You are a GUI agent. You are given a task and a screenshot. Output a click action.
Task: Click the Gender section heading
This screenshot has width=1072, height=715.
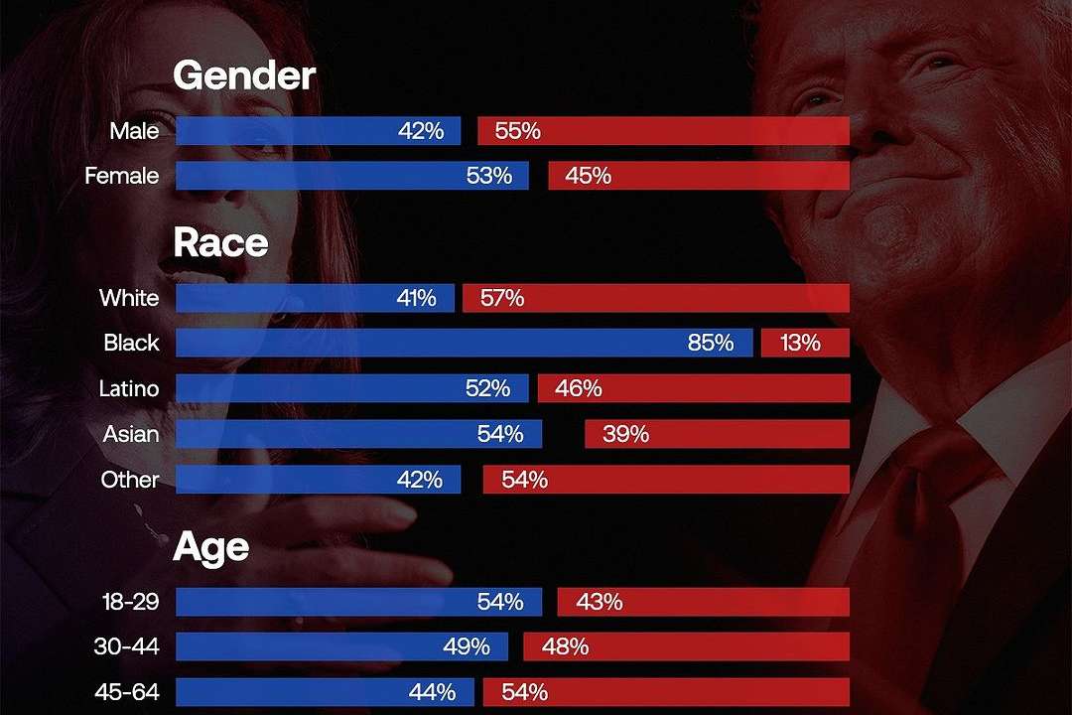[244, 75]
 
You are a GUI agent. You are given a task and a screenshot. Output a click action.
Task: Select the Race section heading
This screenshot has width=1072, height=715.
[220, 242]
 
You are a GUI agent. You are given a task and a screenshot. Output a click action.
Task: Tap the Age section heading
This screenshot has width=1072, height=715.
[210, 547]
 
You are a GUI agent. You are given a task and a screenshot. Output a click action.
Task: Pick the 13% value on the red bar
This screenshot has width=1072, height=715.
[800, 343]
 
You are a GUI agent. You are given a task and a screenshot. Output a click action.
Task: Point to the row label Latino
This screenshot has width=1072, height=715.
[129, 388]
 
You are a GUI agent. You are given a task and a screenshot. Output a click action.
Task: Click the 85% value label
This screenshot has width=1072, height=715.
[711, 343]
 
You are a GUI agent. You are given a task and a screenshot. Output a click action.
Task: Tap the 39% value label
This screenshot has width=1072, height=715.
[625, 434]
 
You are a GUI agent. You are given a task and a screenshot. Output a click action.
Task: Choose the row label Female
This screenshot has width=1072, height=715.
[121, 176]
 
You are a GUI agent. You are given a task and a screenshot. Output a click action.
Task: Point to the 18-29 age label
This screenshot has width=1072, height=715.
[130, 601]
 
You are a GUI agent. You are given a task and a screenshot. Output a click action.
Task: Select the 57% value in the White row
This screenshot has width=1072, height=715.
[501, 298]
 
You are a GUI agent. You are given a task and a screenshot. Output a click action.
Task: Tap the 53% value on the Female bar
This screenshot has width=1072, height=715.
[489, 176]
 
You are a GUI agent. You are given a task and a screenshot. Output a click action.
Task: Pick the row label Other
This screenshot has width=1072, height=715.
[130, 480]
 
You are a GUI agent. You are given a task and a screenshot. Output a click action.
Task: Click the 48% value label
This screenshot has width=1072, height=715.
[565, 646]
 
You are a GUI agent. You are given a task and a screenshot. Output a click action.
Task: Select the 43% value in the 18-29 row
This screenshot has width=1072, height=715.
[599, 601]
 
